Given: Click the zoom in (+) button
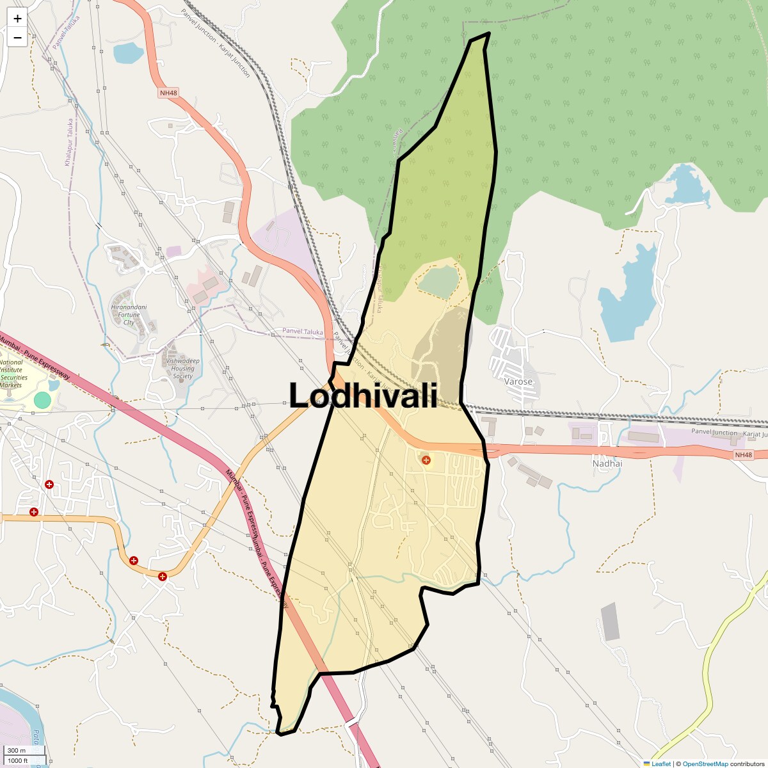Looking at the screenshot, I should (17, 19).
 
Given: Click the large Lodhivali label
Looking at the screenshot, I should (363, 395).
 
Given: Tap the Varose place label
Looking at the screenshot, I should (518, 381).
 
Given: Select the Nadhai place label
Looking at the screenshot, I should (607, 463).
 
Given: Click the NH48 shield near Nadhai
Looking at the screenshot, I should (743, 455).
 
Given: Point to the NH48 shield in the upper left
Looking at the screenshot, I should (168, 93).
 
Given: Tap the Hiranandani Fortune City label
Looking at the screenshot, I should (129, 314).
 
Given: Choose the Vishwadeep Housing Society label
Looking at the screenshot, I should (182, 369).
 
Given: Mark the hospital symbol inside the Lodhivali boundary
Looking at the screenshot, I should (426, 460).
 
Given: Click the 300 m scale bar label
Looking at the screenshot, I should (17, 750).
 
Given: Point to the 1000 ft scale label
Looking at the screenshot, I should (18, 760).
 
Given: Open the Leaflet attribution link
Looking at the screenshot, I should (660, 764).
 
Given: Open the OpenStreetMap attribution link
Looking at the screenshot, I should (705, 764).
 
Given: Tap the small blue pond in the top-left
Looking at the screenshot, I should (128, 52).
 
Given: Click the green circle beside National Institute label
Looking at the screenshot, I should (42, 401).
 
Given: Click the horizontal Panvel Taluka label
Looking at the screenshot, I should (303, 332).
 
